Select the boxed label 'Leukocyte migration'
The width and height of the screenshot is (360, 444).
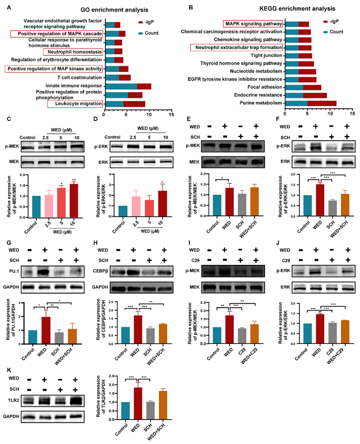pyautogui.click(x=76, y=104)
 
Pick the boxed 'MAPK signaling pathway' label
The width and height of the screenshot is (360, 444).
pyautogui.click(x=252, y=24)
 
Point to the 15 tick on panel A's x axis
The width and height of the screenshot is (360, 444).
pyautogui.click(x=170, y=115)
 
